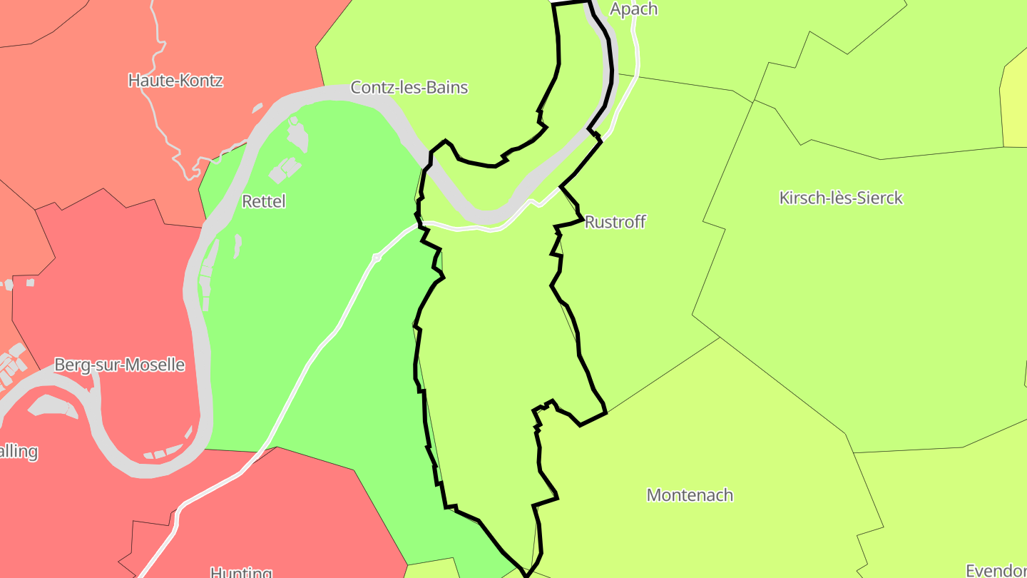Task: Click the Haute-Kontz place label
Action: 175,81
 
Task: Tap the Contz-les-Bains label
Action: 409,88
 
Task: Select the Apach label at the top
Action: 633,9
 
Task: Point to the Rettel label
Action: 264,201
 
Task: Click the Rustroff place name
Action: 615,222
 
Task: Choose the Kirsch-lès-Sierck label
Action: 841,198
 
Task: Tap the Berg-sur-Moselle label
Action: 119,365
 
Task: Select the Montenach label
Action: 689,495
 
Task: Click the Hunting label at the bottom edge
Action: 241,572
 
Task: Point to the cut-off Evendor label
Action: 996,570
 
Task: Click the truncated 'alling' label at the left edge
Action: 19,452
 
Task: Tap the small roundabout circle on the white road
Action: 376,258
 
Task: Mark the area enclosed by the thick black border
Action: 492,357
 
